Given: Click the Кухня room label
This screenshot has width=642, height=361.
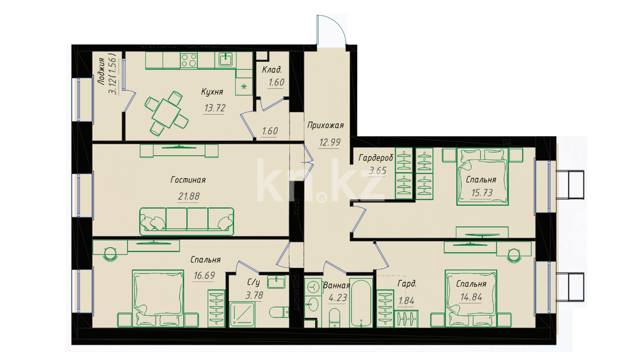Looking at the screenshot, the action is coord(212,92).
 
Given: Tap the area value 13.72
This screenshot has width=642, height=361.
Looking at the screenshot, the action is coord(215,108).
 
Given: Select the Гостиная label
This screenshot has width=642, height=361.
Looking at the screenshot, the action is coord(188,180).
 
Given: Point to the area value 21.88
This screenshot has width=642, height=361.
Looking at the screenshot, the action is coord(189,196).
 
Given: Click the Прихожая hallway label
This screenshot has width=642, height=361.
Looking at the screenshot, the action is coord(325,125).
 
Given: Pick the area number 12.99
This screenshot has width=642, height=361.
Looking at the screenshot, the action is coord(329,142).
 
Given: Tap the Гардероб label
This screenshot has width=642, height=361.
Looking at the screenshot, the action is coord(376,158).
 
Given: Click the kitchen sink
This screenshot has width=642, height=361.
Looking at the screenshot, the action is coord(226,60).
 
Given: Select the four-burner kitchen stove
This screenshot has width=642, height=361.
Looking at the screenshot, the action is coord(189,61).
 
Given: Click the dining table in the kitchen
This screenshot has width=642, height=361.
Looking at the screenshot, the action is coord(166,113).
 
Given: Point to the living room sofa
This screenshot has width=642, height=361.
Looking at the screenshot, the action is coord(187,221).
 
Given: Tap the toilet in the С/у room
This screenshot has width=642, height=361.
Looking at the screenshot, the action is coord(279,312).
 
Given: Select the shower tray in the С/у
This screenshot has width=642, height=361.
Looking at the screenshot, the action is coord(242,315).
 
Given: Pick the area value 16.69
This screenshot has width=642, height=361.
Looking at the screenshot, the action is coord(204,275).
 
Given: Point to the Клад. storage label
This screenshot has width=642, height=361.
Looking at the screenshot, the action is coord(272,70).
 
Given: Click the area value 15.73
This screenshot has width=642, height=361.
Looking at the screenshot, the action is coord(482,193).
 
